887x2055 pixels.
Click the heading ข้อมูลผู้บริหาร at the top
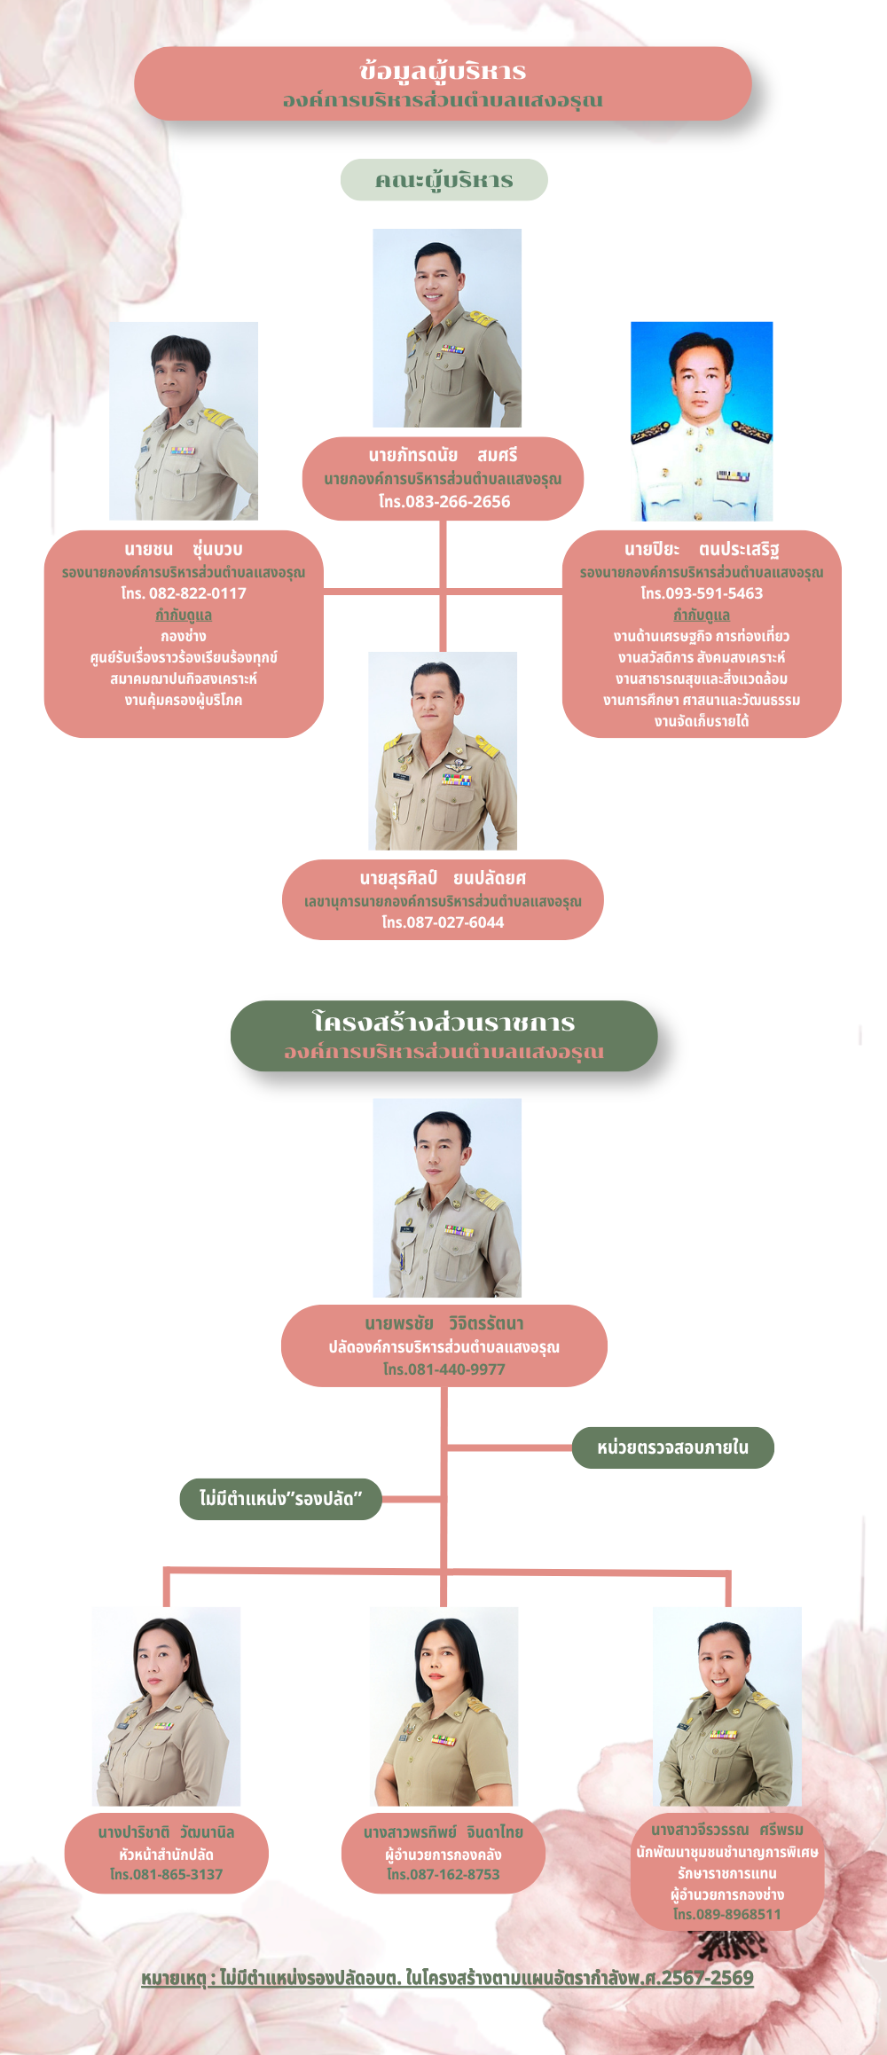pyautogui.click(x=443, y=71)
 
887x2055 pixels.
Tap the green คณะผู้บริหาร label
pyautogui.click(x=444, y=180)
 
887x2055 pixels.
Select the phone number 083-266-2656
pyautogui.click(x=458, y=502)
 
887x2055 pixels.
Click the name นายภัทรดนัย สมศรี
pyautogui.click(x=443, y=456)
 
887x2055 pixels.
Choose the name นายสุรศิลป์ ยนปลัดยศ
pyautogui.click(x=443, y=878)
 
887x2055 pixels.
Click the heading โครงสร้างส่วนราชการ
pyautogui.click(x=443, y=1022)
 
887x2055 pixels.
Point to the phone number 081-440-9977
pyautogui.click(x=457, y=1369)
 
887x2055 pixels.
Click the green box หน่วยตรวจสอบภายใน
pyautogui.click(x=673, y=1447)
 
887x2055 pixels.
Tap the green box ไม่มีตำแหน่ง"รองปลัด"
pyautogui.click(x=280, y=1499)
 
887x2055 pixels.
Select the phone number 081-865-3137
pyautogui.click(x=177, y=1874)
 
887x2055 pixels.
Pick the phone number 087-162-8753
pyautogui.click(x=455, y=1874)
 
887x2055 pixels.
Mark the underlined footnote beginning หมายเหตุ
pyautogui.click(x=447, y=1978)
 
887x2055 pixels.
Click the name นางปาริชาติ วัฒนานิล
pyautogui.click(x=166, y=1831)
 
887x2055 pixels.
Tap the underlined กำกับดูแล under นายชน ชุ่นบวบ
pyautogui.click(x=184, y=615)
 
